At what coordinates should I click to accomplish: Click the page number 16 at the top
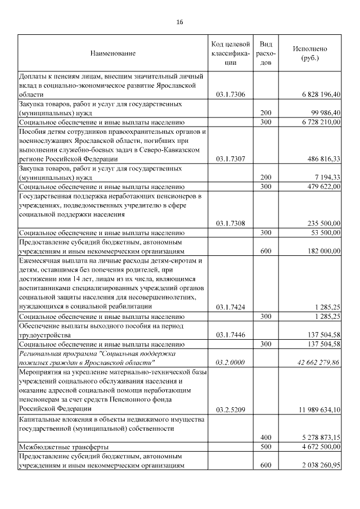179,22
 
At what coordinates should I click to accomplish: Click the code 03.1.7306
230,94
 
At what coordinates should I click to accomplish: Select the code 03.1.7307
230,159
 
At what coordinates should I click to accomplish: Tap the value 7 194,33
325,177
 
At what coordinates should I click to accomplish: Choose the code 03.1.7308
230,223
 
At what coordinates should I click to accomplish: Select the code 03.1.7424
230,307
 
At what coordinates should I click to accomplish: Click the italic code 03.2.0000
230,362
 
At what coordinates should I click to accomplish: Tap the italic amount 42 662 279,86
315,362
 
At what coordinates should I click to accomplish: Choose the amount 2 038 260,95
317,465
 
